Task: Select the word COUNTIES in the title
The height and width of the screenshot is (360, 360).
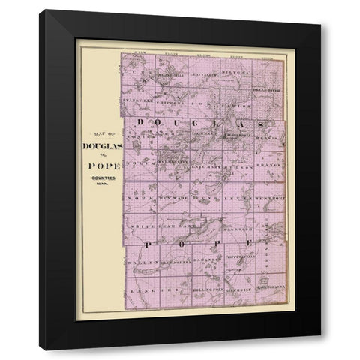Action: pyautogui.click(x=99, y=177)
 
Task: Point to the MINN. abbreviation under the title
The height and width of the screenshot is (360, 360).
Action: pyautogui.click(x=99, y=184)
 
